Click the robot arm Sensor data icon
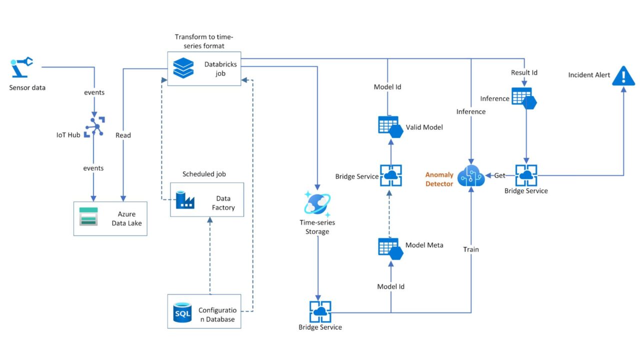click(x=21, y=67)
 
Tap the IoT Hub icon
click(x=94, y=126)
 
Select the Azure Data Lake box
click(x=110, y=218)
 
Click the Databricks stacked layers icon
click(x=183, y=68)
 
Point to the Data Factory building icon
click(x=185, y=199)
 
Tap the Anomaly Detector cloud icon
click(x=471, y=175)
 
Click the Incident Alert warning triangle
click(x=623, y=75)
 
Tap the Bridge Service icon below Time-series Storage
click(x=320, y=311)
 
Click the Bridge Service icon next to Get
click(x=526, y=175)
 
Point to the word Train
click(x=471, y=249)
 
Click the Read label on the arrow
click(x=123, y=135)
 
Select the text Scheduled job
click(x=204, y=174)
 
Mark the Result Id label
click(x=524, y=72)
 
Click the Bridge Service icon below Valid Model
click(x=390, y=175)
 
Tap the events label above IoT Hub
click(x=94, y=92)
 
